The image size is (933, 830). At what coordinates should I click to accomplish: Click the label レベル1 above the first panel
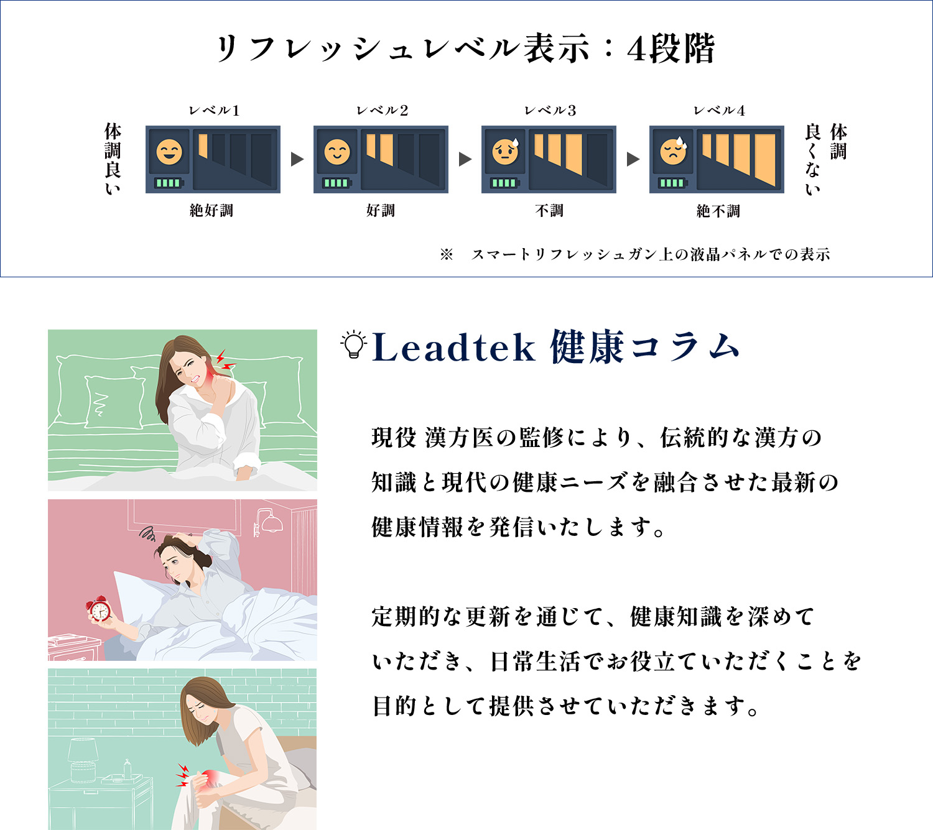[214, 111]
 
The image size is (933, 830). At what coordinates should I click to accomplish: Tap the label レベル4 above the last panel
[719, 111]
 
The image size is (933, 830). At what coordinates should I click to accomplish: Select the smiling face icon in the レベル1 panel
[169, 152]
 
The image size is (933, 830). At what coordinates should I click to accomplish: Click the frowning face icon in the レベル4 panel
[673, 152]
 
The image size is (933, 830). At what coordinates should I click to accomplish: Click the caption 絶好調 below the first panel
[211, 210]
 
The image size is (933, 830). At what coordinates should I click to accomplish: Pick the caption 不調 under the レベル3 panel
[549, 210]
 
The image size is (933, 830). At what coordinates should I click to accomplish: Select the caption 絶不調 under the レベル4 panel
[718, 211]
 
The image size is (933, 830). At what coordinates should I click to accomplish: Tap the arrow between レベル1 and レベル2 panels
[297, 159]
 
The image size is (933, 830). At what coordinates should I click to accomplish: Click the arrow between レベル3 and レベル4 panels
[633, 159]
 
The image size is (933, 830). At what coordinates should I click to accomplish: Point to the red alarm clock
[98, 609]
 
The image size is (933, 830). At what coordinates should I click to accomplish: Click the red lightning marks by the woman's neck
[225, 359]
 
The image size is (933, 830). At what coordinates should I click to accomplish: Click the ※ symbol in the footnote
[446, 254]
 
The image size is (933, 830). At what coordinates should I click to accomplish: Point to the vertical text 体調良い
[113, 159]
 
